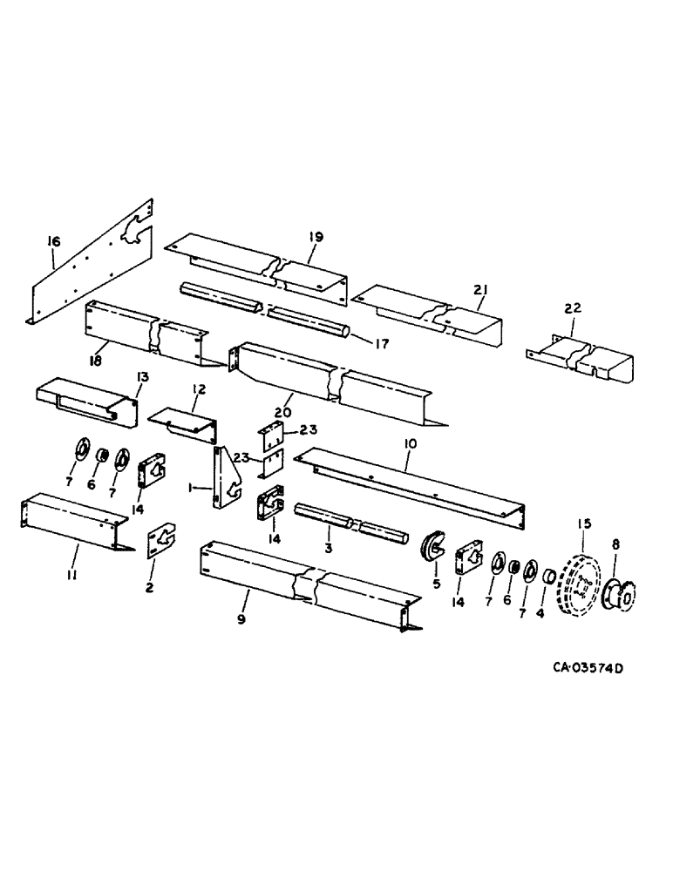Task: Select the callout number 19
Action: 316,237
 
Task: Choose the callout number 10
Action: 410,444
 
